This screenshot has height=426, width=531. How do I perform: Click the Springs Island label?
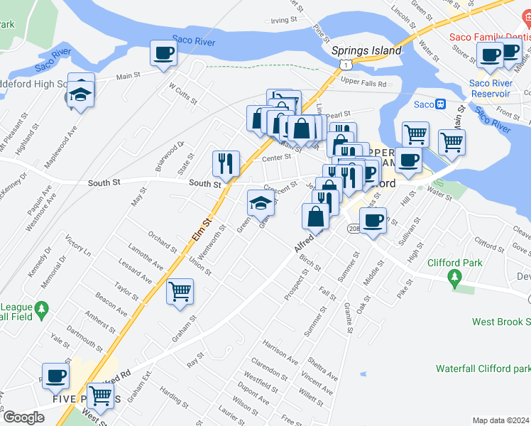coord(366,50)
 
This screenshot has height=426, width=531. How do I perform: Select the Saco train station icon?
coord(440,104)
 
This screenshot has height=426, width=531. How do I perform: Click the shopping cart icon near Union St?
coord(180,290)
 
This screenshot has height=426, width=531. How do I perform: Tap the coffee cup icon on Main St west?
coord(164,53)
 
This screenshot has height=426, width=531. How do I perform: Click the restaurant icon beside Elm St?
coord(226,163)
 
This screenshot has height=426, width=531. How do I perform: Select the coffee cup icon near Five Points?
coord(55,376)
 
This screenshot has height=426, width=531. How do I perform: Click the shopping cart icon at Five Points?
coord(102,396)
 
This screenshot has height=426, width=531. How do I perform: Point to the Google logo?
coord(23,417)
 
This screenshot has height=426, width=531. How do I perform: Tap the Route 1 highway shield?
coord(344,65)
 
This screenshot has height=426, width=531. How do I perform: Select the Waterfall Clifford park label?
coord(483,368)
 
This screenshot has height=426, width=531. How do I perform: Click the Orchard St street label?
coord(163,241)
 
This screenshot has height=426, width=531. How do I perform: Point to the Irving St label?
coord(283,21)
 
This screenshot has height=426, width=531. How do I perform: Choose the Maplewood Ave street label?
coord(59,148)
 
